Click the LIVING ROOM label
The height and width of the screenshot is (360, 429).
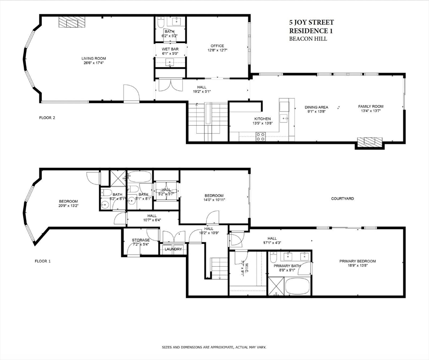tap(93, 58)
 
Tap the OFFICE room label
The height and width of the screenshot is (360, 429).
tap(217, 46)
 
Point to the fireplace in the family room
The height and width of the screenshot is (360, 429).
tap(369, 142)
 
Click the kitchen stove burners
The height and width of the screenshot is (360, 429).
tap(260, 136)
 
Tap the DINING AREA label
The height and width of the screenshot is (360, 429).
tap(316, 107)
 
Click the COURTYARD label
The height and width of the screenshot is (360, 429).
tap(342, 199)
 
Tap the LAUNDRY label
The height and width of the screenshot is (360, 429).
tap(173, 249)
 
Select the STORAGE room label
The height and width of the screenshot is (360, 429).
tap(141, 240)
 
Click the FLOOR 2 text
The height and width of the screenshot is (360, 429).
tap(47, 118)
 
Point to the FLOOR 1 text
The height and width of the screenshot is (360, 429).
tap(43, 261)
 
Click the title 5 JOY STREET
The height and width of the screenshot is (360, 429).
tap(311, 22)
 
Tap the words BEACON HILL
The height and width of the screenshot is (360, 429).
tap(308, 39)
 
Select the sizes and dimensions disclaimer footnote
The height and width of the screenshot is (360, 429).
tap(214, 347)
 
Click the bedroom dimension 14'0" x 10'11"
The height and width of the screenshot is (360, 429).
tap(213, 200)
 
